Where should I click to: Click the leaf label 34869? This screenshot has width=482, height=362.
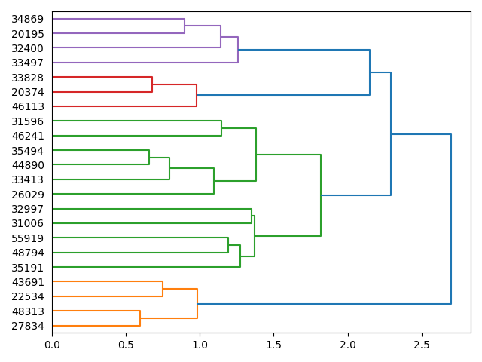(27, 19)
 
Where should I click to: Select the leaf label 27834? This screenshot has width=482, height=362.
(27, 326)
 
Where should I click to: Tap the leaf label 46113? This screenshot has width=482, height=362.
(27, 106)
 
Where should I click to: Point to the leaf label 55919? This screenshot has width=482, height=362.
(27, 238)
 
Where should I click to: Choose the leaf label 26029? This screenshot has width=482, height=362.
(27, 194)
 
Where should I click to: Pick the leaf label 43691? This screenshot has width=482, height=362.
(27, 282)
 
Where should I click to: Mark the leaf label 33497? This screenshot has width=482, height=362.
(27, 63)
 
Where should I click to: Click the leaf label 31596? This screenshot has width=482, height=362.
(27, 121)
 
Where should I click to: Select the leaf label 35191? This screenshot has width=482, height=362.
(27, 267)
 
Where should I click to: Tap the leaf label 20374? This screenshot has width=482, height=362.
(27, 92)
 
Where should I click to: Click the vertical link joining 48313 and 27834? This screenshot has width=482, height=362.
(140, 318)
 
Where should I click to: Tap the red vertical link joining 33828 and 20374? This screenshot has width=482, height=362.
(152, 84)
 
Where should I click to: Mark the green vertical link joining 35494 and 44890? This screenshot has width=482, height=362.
(149, 158)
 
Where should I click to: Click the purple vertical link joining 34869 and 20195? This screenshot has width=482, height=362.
(185, 26)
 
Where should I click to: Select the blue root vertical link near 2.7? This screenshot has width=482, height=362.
(451, 219)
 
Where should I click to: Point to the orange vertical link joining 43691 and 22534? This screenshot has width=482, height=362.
(163, 289)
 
